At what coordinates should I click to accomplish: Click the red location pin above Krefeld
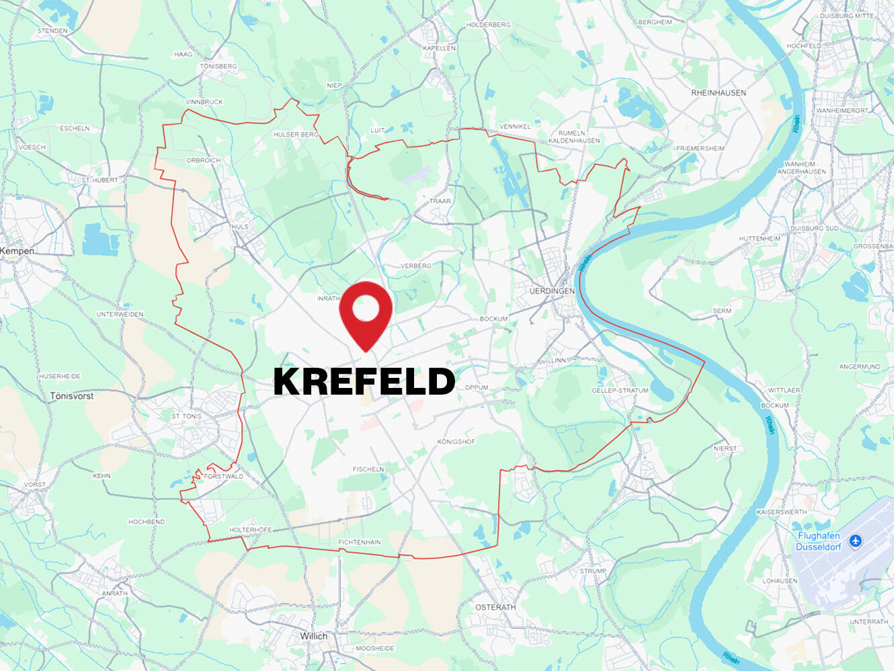(x=365, y=311)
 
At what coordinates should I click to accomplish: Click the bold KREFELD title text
(x=364, y=381)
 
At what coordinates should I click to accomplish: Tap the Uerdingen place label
(x=552, y=291)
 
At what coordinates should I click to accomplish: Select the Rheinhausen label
(x=718, y=93)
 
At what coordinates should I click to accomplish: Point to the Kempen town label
(x=17, y=251)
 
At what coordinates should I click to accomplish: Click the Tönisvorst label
(x=71, y=396)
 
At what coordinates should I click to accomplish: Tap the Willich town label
(x=313, y=636)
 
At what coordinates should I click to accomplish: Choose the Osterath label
(x=495, y=607)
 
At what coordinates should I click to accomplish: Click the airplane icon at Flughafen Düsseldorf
(x=855, y=541)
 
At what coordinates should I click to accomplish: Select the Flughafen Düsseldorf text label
(x=818, y=541)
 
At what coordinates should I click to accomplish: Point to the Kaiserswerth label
(x=781, y=512)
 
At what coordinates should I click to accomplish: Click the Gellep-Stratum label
(x=620, y=391)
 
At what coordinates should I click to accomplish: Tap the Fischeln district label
(x=368, y=469)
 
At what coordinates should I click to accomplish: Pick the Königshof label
(x=456, y=442)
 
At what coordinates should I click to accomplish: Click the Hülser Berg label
(x=296, y=134)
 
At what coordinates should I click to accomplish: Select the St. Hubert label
(x=99, y=180)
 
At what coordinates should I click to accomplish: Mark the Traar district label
(x=440, y=201)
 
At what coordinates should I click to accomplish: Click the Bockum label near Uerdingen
(x=493, y=319)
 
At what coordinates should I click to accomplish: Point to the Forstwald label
(x=223, y=477)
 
